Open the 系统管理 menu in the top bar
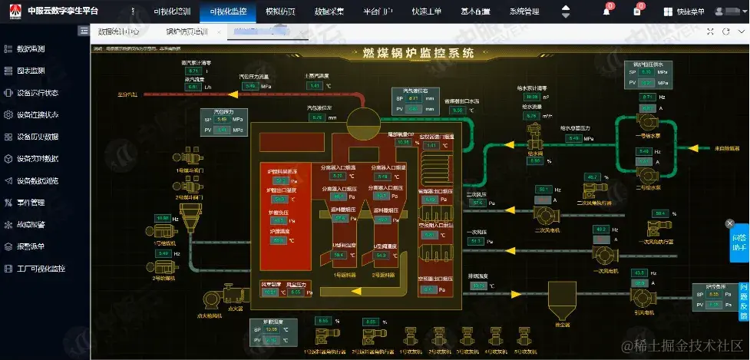(524, 12)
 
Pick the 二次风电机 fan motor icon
(548, 214)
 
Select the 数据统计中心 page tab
(118, 31)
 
